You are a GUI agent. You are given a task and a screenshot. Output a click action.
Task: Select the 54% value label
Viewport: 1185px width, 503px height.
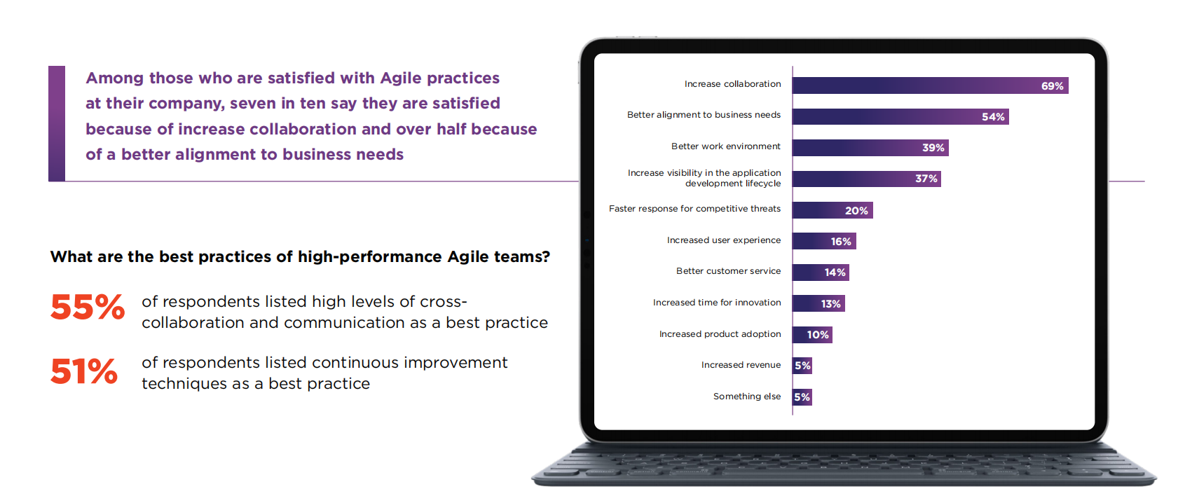993,117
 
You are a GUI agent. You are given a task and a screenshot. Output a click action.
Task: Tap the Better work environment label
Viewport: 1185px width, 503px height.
725,146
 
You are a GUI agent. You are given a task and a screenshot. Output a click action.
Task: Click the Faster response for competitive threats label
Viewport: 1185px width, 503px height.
694,209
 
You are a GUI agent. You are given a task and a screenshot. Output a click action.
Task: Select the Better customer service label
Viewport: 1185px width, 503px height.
728,271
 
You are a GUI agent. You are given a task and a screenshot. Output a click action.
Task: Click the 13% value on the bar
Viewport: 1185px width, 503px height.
830,304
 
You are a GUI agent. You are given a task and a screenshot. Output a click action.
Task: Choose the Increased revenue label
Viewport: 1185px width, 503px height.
741,365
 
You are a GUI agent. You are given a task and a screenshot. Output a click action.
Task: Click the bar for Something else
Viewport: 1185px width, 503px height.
802,397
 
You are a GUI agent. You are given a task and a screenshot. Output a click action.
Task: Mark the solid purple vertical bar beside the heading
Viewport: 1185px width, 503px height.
57,123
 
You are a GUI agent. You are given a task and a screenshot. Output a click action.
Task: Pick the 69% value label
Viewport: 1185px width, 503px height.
1052,86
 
